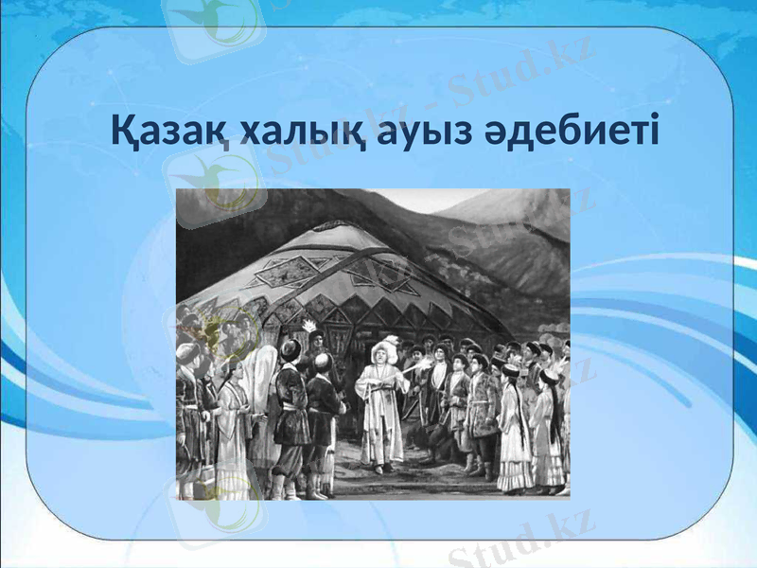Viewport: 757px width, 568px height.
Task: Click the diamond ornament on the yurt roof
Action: tap(284, 273)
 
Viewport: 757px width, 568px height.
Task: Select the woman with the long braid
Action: tap(516, 426)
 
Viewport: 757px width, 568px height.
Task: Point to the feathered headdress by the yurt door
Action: tap(309, 328)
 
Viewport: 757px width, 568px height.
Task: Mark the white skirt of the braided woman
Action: tap(516, 464)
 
